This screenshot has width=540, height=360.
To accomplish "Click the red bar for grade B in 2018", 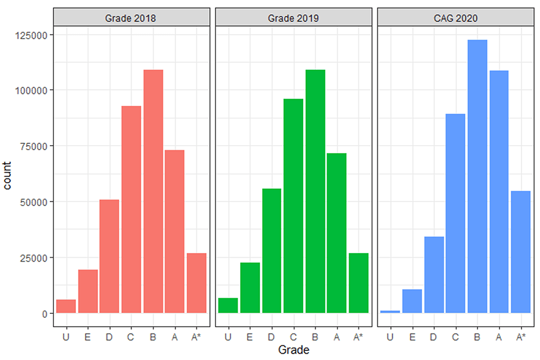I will coord(153,191).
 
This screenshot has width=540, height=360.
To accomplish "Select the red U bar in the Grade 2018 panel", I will coord(66,307).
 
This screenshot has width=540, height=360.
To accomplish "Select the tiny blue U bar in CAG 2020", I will coord(390,312).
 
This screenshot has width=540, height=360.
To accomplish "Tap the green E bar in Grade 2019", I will coord(250,287).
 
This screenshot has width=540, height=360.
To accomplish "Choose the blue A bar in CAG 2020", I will coord(499,192).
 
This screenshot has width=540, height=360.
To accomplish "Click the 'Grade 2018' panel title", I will coord(130,18).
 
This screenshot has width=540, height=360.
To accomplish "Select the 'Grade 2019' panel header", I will coord(293,18).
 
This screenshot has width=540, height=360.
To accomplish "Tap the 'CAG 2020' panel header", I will coord(456,18).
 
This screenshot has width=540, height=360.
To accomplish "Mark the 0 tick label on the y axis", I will coord(44,313).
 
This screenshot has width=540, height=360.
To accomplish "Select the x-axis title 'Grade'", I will coord(293,350).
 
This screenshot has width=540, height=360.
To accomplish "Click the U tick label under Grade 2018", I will coord(66,337).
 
